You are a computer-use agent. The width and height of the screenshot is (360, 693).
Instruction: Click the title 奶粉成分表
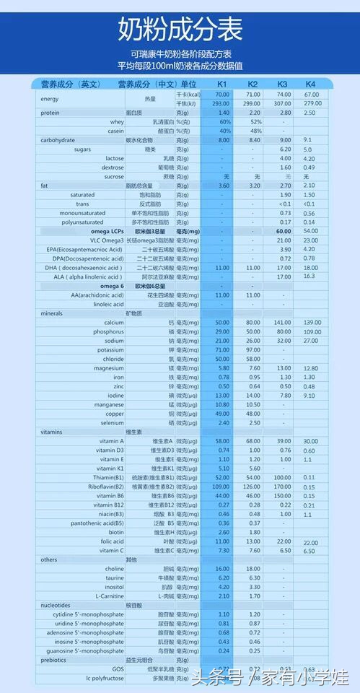pos(180,30)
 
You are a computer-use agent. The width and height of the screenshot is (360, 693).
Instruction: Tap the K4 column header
pos(310,84)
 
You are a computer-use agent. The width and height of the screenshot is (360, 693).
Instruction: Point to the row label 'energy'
pos(50,99)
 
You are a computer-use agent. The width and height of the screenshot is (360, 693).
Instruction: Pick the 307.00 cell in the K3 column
pos(284,104)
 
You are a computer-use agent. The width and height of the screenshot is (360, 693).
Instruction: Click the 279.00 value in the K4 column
pos(312,103)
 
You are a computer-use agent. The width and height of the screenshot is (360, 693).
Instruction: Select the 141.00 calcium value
pos(284,322)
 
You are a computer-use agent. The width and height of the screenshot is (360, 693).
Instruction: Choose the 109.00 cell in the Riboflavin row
pos(223,487)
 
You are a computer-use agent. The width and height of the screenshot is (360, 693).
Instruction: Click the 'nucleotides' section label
pos(56,606)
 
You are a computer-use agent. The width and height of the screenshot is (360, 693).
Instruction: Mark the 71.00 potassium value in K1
pos(223,349)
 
